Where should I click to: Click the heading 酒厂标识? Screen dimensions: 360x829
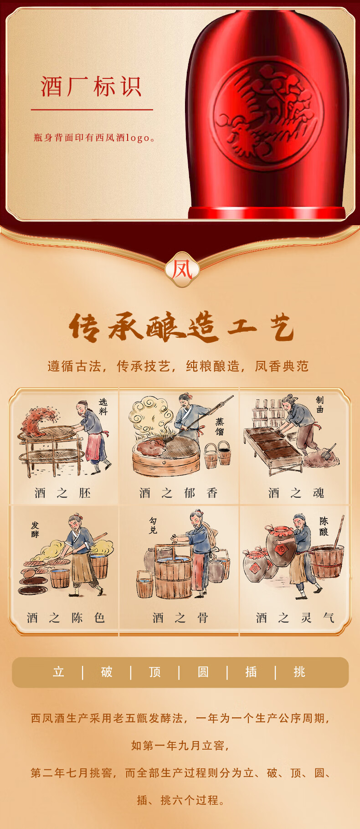coord(91,87)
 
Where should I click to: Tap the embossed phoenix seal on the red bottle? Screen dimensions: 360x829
coord(268,114)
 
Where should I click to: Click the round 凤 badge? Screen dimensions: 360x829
coord(182,270)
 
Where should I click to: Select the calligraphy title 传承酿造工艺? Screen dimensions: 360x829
coord(181,327)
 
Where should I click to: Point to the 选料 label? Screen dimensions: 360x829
coord(103,407)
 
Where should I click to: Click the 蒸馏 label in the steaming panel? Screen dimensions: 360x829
coord(220,427)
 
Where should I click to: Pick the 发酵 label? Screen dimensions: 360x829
coord(35,530)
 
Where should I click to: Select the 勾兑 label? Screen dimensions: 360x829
coord(153,526)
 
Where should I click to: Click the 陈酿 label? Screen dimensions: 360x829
coord(324,526)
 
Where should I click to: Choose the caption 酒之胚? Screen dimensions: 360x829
coord(63,493)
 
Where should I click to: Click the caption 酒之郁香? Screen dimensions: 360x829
coord(179,493)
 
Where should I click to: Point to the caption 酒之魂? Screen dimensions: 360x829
coord(296,493)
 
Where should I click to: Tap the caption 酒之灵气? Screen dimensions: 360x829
coord(295,618)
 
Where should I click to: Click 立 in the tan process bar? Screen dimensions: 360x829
coord(58,672)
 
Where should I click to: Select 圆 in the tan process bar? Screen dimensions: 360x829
coord(203,672)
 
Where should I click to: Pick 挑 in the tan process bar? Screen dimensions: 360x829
coord(299,672)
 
